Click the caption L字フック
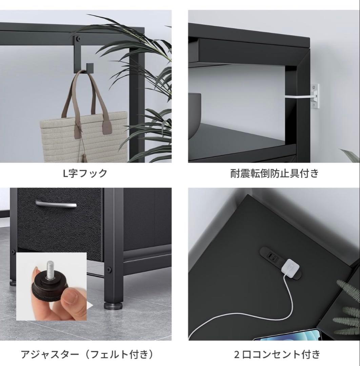click(x=85, y=173)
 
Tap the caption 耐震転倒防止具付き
click(x=274, y=173)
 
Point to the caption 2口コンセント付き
click(x=277, y=354)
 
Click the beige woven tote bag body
click(x=81, y=139)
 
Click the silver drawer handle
click(x=56, y=205)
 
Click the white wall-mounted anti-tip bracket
click(x=315, y=96)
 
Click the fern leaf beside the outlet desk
click(x=347, y=305)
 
